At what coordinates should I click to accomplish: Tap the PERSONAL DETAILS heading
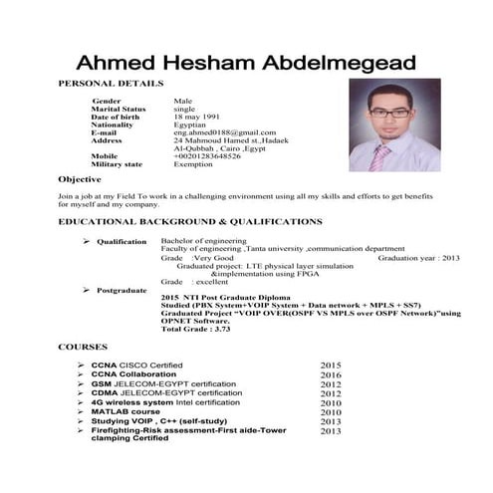(112, 84)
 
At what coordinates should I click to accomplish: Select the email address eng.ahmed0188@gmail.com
(224, 132)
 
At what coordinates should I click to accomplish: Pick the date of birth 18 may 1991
(199, 117)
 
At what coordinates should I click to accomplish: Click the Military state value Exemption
(196, 164)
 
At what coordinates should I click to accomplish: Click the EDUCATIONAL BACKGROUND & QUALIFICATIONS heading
(190, 220)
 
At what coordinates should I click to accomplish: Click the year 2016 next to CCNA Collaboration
(331, 375)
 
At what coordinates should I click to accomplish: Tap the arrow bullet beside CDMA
(80, 393)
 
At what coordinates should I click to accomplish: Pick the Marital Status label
(119, 109)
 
